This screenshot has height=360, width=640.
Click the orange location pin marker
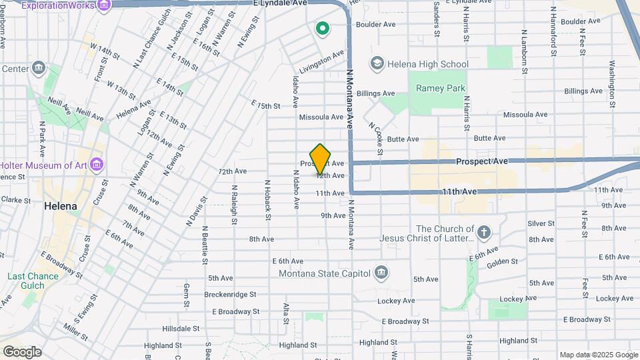pyautogui.click(x=321, y=159)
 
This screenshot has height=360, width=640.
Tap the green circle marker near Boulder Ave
pyautogui.click(x=323, y=29)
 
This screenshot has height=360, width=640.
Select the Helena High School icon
pyautogui.click(x=377, y=63)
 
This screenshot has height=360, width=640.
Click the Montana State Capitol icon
pyautogui.click(x=381, y=272)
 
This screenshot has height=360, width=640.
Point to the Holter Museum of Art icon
pyautogui.click(x=96, y=164)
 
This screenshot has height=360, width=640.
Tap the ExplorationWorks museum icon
pyautogui.click(x=104, y=5)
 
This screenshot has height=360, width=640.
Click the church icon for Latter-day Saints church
pyautogui.click(x=484, y=233)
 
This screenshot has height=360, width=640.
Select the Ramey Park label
pyautogui.click(x=441, y=88)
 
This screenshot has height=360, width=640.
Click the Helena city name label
pyautogui.click(x=61, y=206)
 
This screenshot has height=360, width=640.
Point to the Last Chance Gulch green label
pyautogui.click(x=26, y=281)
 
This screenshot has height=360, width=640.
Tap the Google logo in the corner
pyautogui.click(x=21, y=351)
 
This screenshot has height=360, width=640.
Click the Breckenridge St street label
pyautogui.click(x=230, y=294)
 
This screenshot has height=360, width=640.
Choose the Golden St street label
pyautogui.click(x=502, y=261)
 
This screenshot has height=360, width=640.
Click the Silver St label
pyautogui.click(x=541, y=223)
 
